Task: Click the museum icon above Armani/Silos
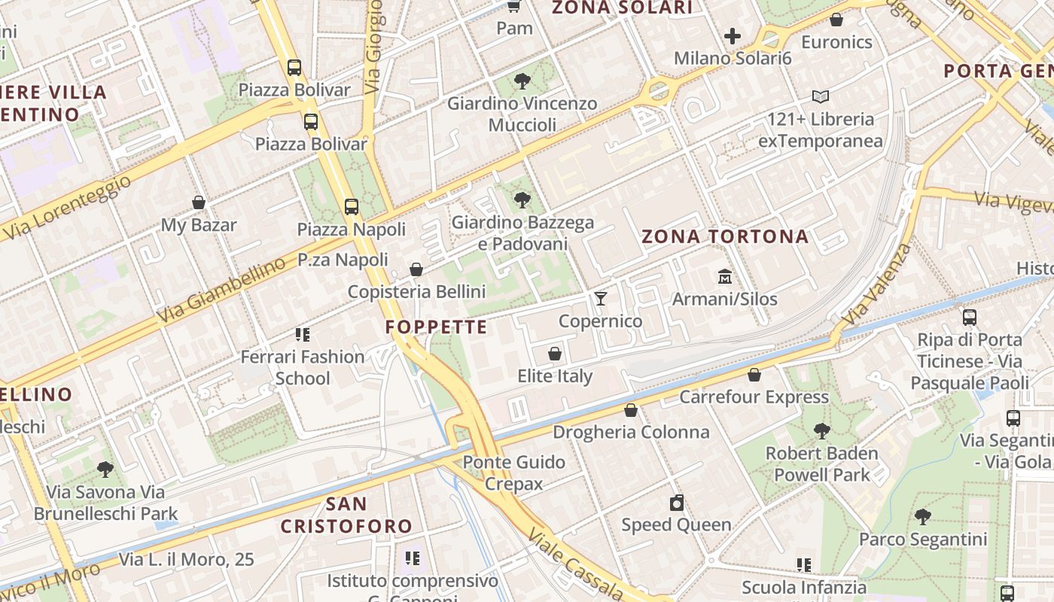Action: (x=724, y=276)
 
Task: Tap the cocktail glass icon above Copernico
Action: (x=600, y=299)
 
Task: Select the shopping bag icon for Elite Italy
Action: (x=555, y=354)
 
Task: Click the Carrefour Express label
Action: (x=754, y=397)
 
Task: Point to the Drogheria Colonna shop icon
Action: (x=631, y=410)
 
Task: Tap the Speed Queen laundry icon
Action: (x=676, y=503)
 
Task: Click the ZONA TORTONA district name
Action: (x=725, y=237)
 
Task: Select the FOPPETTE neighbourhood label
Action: (x=437, y=327)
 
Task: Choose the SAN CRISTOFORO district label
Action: (x=346, y=515)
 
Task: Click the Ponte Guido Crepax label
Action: (x=514, y=473)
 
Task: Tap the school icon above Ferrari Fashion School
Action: (x=303, y=334)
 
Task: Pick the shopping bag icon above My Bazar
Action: (x=199, y=202)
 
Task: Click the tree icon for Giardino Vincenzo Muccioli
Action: (x=522, y=81)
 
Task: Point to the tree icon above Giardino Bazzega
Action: (x=522, y=200)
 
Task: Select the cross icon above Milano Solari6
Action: (x=733, y=35)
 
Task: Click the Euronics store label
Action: (x=836, y=42)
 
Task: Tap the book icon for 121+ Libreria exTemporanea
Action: (x=820, y=96)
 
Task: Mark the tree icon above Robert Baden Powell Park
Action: (x=821, y=431)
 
